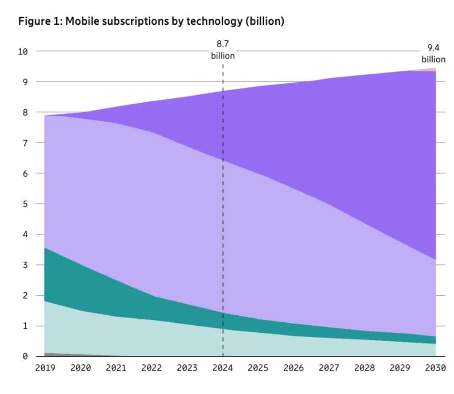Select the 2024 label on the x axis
coord(223,368)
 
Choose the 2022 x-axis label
coord(151,368)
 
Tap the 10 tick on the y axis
coord(23,51)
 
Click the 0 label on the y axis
coord(25,356)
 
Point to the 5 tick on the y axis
coord(25,204)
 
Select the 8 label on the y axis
coord(25,112)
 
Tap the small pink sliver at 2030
coord(432,70)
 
